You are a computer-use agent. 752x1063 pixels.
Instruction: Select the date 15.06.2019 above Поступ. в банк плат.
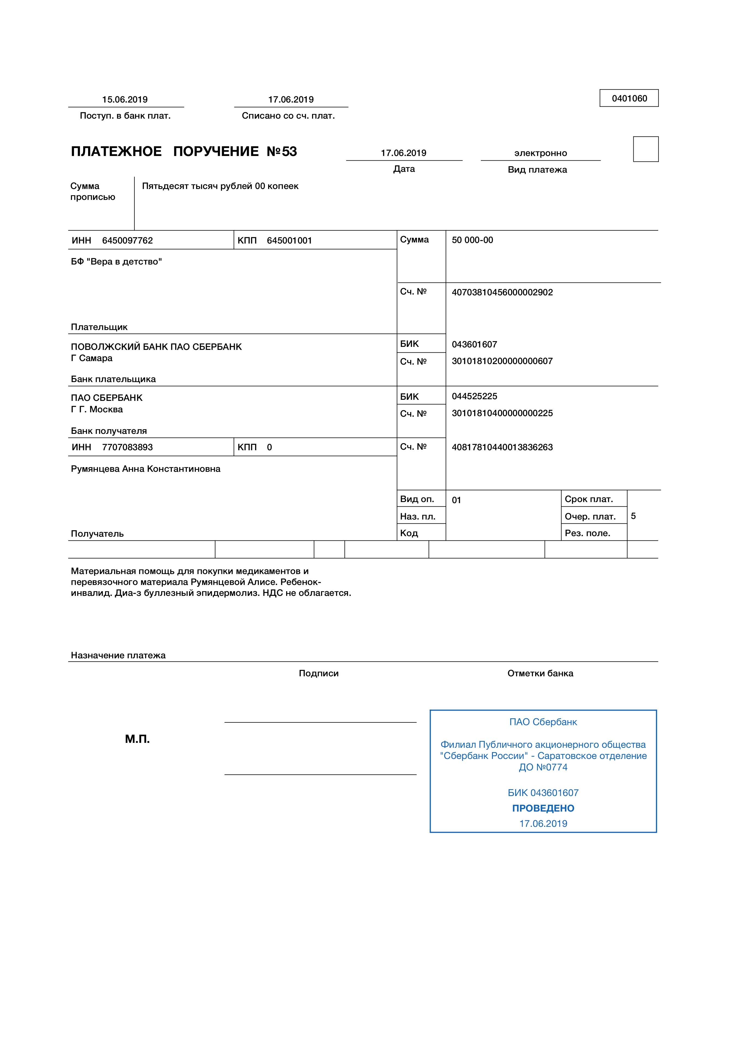point(125,100)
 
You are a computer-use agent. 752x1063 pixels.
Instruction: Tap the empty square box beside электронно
point(646,149)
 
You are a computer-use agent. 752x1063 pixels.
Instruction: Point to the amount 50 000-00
point(472,240)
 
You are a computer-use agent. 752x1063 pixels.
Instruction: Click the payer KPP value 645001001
point(289,240)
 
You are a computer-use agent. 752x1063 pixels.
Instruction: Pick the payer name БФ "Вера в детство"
point(116,262)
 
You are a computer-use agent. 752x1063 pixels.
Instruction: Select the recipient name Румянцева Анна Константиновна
point(145,469)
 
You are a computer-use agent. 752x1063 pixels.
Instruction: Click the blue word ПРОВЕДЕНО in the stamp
point(543,808)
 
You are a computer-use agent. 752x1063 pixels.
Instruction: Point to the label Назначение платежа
point(118,655)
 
